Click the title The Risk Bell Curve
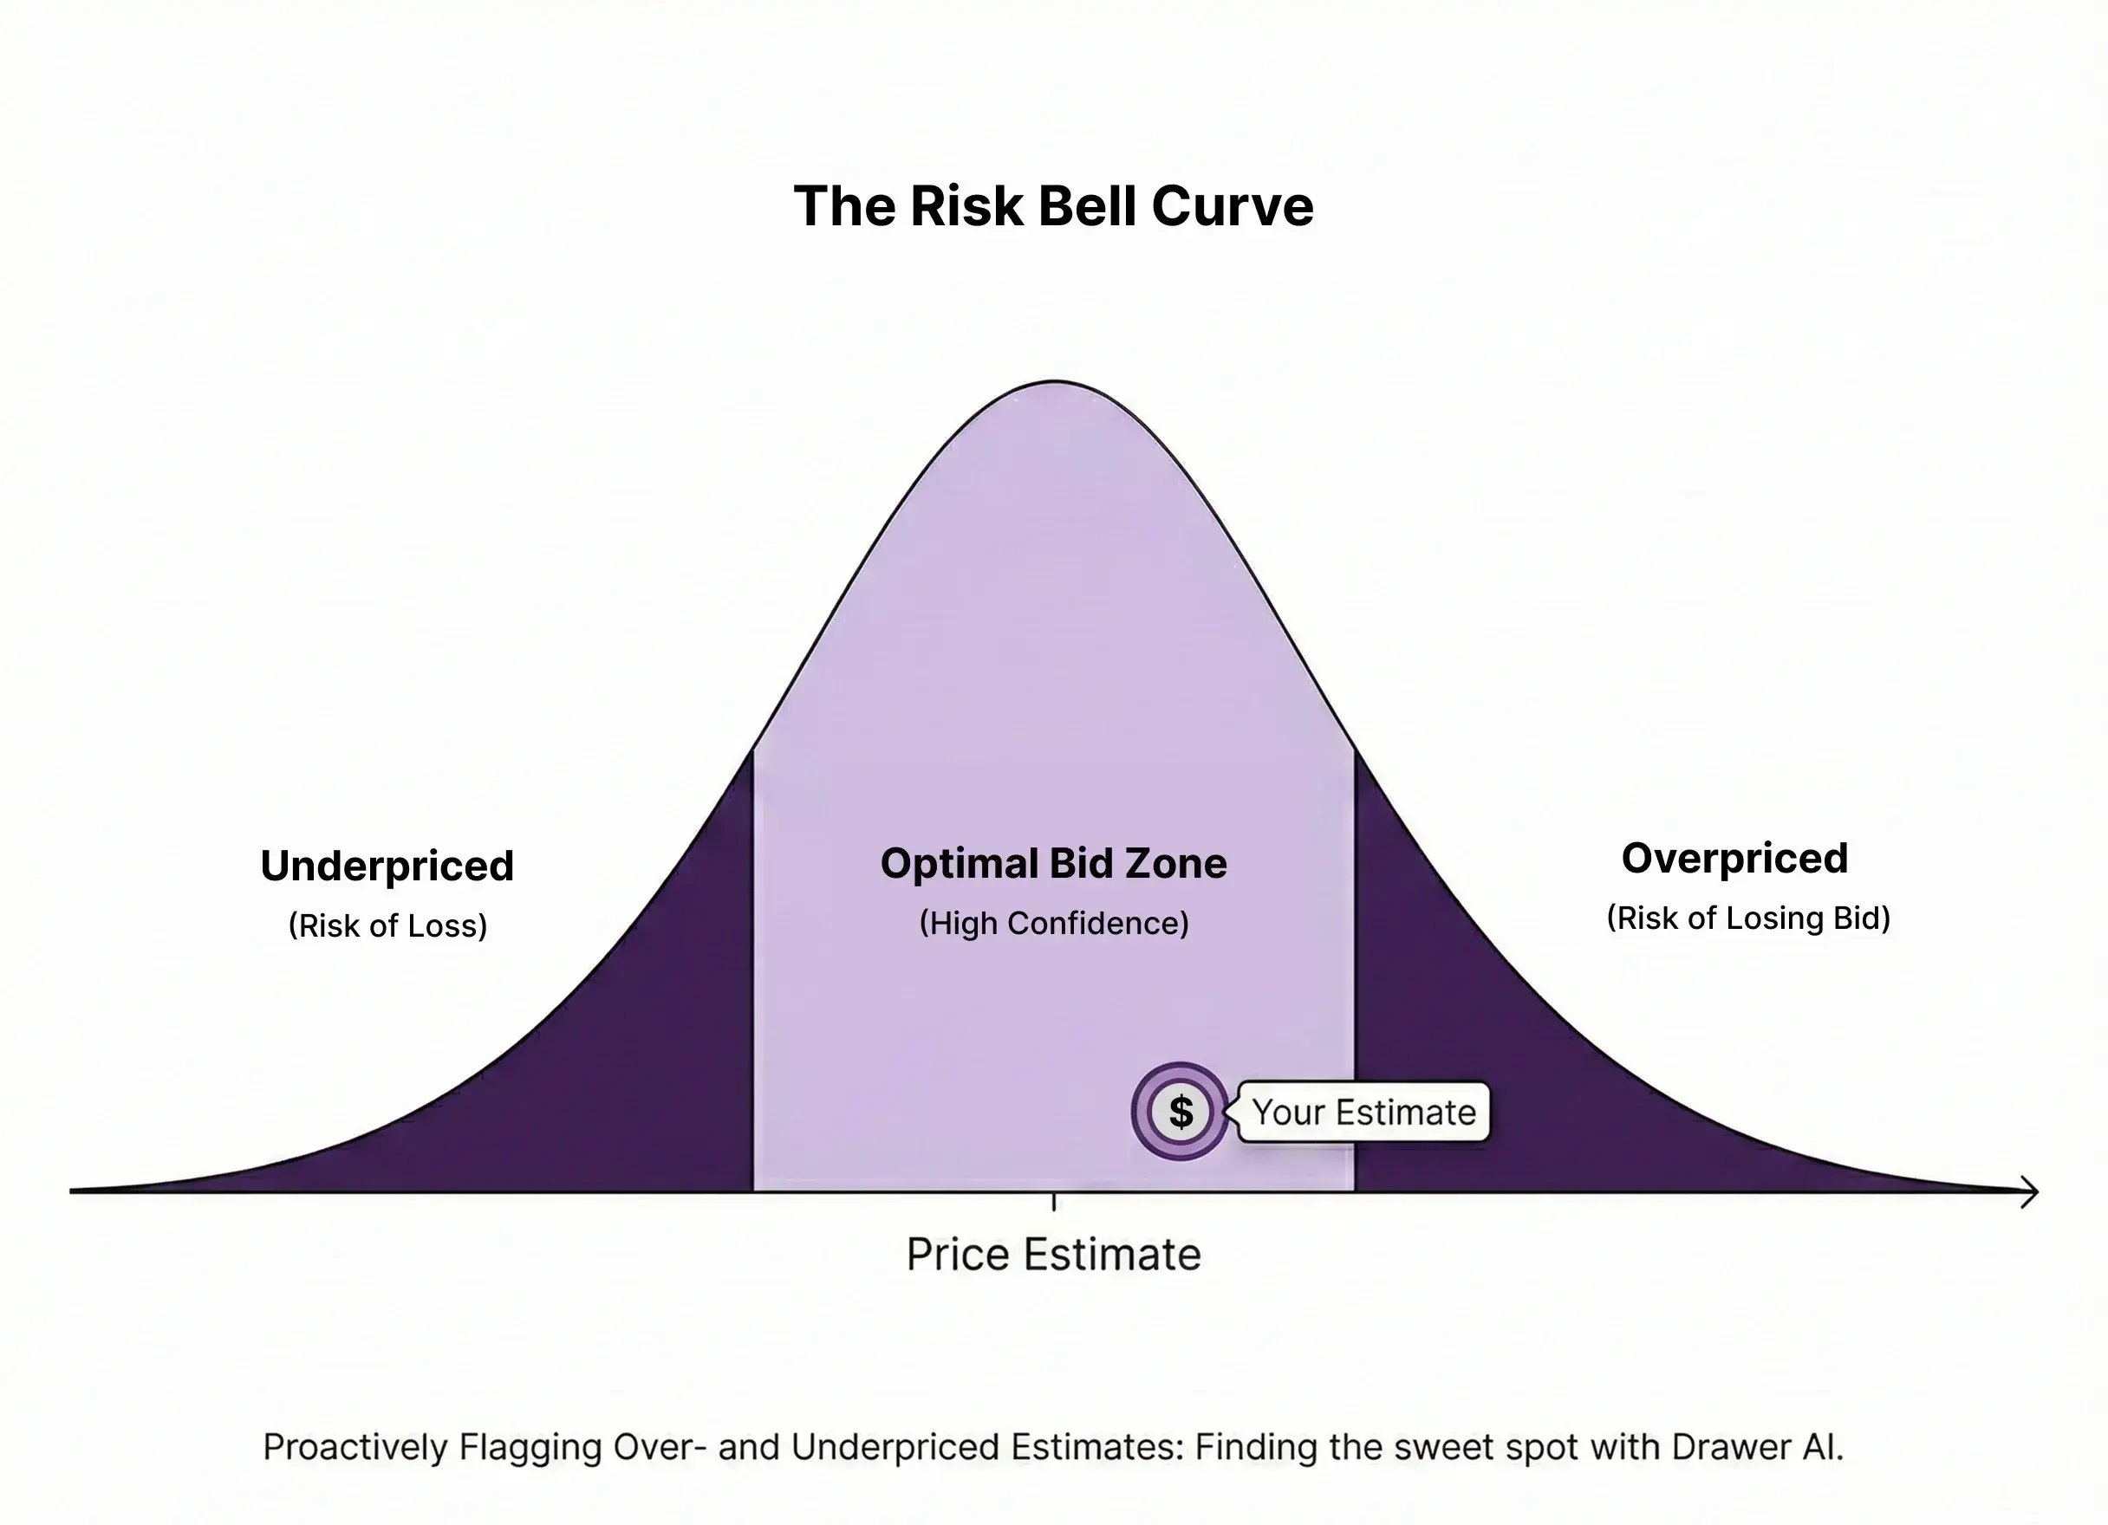[x=1053, y=205]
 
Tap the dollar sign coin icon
[x=1181, y=1112]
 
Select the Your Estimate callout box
[x=1363, y=1112]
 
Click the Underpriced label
[x=387, y=866]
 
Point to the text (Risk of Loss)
[x=387, y=925]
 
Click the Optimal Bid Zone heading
[x=1053, y=863]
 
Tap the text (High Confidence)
[x=1054, y=923]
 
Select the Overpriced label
[x=1734, y=858]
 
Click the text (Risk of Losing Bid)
[x=1748, y=918]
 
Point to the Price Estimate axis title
[x=1053, y=1255]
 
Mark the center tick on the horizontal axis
[x=1053, y=1202]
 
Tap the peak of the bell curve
[x=1054, y=382]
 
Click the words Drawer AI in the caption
[x=1756, y=1447]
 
